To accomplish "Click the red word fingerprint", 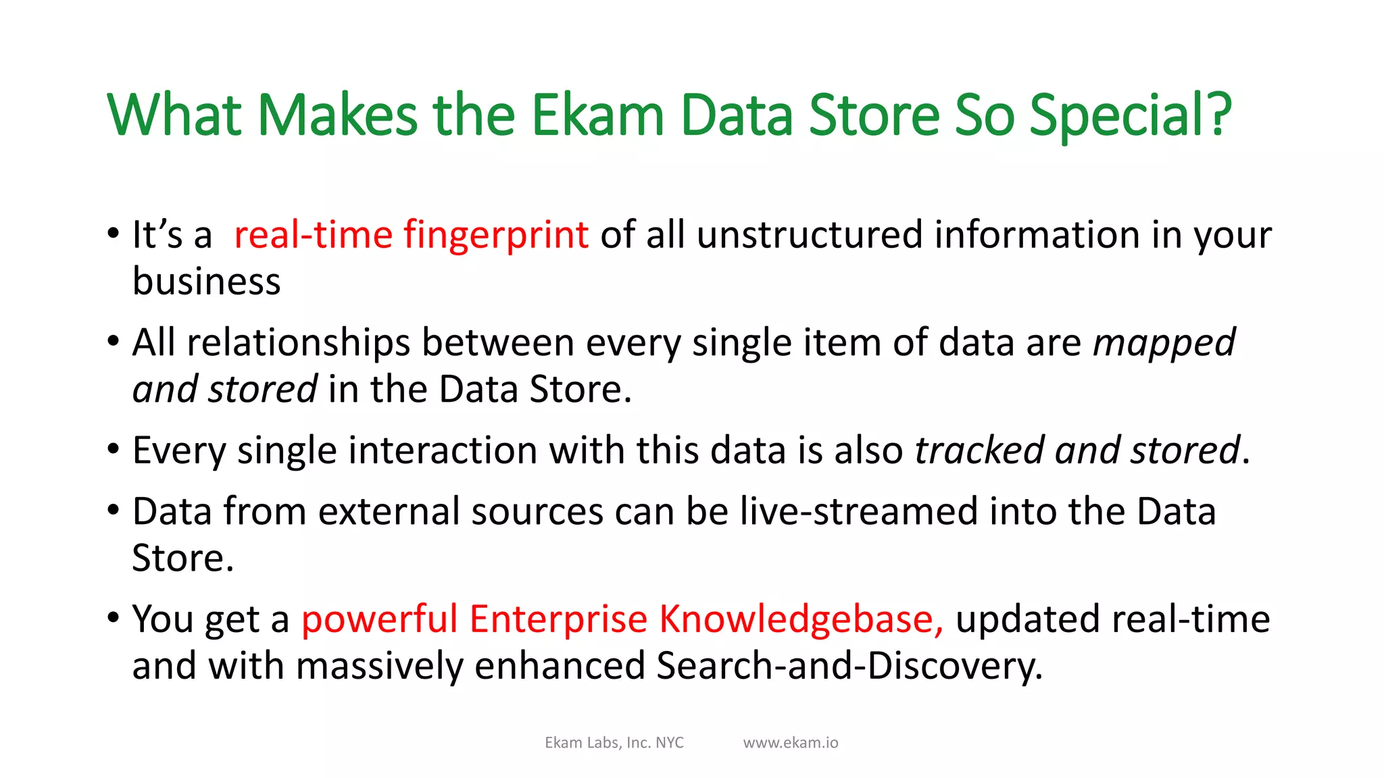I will tap(496, 236).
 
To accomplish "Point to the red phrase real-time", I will tap(313, 236).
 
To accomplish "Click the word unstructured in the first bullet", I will tap(809, 236).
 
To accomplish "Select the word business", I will tap(206, 282).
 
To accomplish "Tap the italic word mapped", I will tap(1164, 344).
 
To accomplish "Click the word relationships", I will tap(298, 344).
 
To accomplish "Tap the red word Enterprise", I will tap(558, 619).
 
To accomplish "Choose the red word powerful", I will tap(379, 619).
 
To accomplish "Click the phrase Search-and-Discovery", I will tap(849, 667).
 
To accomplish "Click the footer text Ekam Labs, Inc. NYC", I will tap(614, 743).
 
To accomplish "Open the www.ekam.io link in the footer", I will tap(790, 743).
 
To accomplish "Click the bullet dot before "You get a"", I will tap(114, 617).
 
